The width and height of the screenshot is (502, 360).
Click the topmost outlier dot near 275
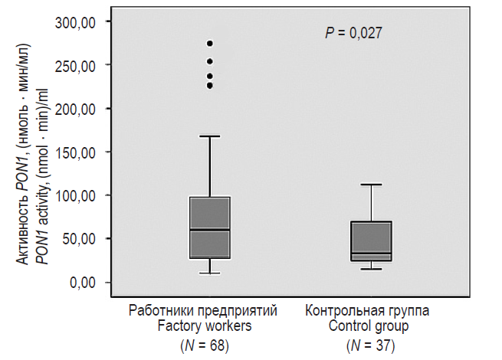click(x=209, y=44)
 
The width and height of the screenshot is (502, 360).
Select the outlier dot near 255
click(x=209, y=61)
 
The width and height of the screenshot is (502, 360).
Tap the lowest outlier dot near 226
click(x=209, y=85)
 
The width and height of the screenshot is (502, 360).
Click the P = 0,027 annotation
click(x=354, y=33)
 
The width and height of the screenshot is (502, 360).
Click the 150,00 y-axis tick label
click(x=77, y=152)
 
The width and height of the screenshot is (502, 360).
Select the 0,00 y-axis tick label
click(x=82, y=283)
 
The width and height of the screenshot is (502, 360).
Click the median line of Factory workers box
click(x=209, y=230)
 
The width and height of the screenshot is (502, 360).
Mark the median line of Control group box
click(x=371, y=254)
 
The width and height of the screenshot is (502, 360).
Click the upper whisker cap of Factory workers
click(x=209, y=136)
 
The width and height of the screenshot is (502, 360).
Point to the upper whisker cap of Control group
click(x=371, y=185)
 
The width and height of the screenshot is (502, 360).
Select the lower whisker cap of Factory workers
click(x=209, y=273)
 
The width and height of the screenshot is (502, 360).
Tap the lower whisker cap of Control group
click(x=371, y=270)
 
